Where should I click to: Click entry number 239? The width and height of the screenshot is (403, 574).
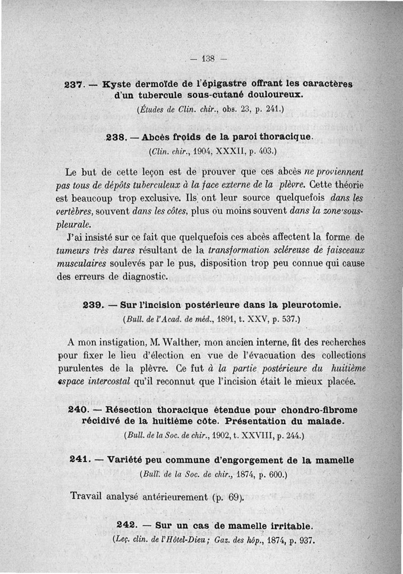click(x=92, y=305)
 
